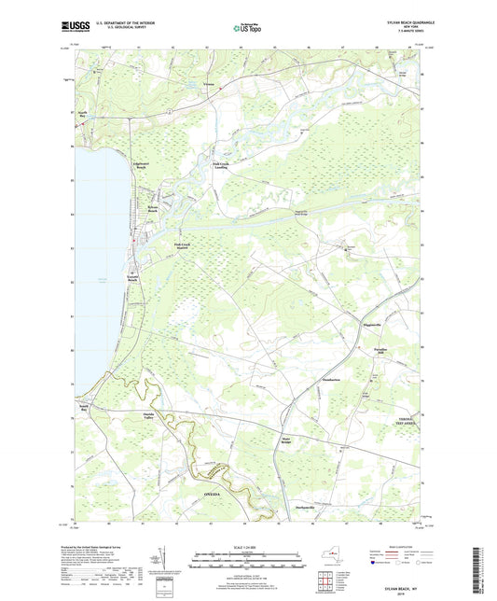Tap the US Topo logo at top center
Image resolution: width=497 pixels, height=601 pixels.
247,29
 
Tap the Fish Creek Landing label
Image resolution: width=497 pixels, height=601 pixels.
221,167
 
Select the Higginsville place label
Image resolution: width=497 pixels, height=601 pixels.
375,326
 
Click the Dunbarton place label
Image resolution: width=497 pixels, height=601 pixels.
331,380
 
